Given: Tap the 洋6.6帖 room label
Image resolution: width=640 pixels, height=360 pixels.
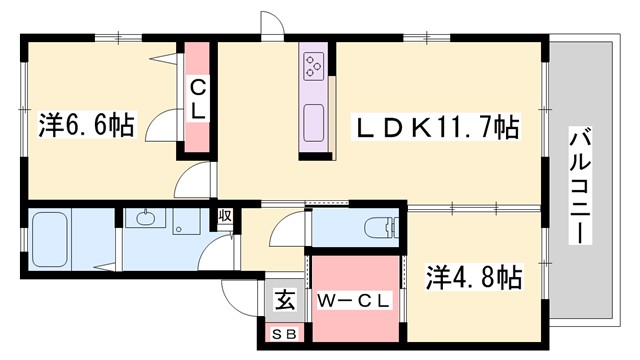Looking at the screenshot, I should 87,125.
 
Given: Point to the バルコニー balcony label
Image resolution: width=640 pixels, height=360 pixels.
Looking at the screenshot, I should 577,185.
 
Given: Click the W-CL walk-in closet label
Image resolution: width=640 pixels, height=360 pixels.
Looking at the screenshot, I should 354,299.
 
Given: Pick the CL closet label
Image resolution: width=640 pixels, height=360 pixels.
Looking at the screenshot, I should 197,100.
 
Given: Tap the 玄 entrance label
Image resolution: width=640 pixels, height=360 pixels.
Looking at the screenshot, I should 285,299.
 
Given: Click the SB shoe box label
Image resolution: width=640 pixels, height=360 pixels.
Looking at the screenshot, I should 284,336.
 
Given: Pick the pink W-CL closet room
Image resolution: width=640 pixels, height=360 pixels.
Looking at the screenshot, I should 354,300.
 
